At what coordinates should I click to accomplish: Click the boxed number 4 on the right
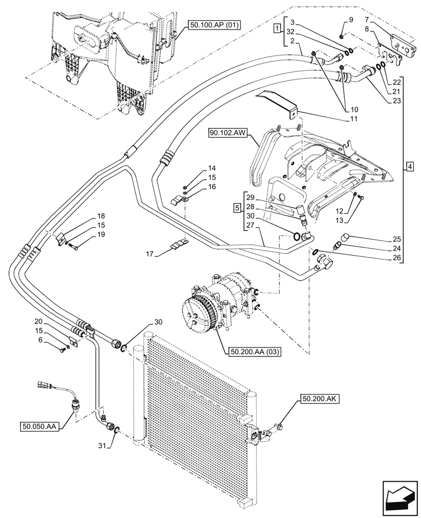tap(410, 167)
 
